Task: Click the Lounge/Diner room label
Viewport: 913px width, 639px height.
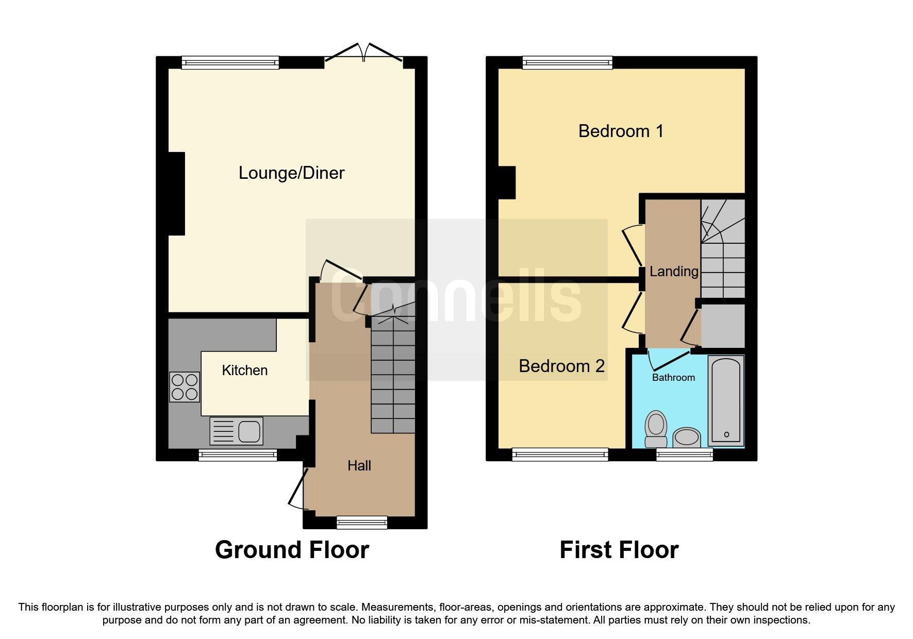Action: [x=291, y=173]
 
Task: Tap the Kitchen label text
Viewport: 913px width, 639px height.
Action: [x=244, y=371]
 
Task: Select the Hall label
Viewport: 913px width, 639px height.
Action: [x=359, y=466]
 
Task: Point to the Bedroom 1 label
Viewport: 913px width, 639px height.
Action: [x=621, y=131]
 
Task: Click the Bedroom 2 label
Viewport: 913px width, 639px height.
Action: [x=561, y=366]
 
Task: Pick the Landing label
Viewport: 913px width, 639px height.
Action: [x=674, y=272]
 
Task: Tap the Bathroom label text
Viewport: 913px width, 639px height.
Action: [x=673, y=378]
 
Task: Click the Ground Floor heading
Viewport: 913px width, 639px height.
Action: [x=292, y=550]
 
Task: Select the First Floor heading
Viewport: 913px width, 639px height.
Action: [x=619, y=550]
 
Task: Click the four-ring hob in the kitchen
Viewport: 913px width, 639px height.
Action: [x=185, y=387]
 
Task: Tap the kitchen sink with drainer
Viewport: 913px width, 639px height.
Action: [x=237, y=431]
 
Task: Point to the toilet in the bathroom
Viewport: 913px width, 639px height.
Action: [x=656, y=429]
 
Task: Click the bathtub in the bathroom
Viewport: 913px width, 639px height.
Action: [x=726, y=400]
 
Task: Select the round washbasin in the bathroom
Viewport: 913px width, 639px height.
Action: [x=687, y=437]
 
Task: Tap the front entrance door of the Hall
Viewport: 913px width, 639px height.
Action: [x=297, y=489]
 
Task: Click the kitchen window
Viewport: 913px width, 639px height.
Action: [x=238, y=455]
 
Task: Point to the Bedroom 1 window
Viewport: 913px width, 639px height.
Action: [x=567, y=63]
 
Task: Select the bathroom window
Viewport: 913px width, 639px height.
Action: [x=684, y=454]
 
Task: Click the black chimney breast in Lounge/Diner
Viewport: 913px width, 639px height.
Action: [x=176, y=194]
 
